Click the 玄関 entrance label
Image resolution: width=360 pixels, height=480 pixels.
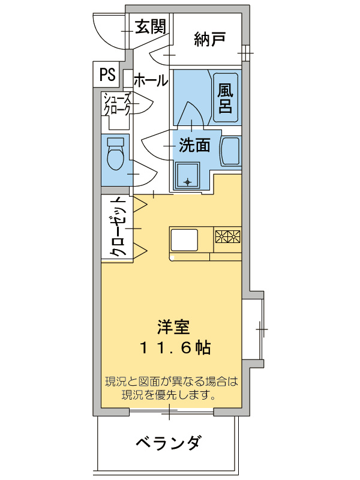click(x=149, y=26)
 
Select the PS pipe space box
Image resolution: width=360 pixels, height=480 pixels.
click(x=107, y=74)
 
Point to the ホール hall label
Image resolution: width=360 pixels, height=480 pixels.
click(x=150, y=80)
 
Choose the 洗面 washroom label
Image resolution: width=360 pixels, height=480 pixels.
click(x=194, y=145)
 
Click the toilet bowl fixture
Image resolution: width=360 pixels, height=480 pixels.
click(x=114, y=159)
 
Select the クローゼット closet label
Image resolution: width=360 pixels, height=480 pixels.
click(x=118, y=227)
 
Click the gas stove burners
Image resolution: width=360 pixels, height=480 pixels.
click(x=228, y=237)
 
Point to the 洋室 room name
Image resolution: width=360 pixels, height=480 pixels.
click(x=173, y=327)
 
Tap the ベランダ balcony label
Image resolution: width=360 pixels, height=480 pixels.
click(x=167, y=444)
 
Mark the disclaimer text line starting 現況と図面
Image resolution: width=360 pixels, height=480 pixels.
click(x=172, y=381)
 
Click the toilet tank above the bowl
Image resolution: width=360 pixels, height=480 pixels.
click(x=115, y=142)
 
